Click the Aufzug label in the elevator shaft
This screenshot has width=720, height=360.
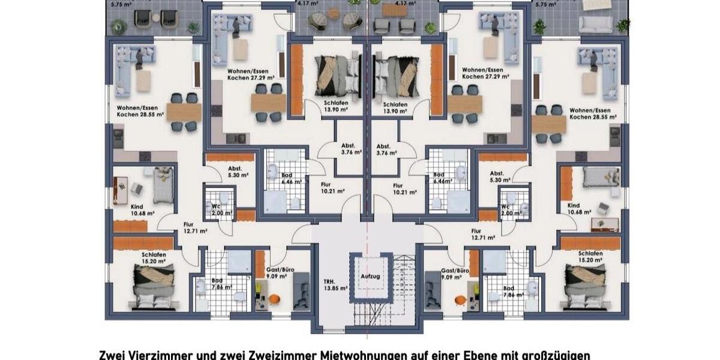370,276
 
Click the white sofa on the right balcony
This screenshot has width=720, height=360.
595,25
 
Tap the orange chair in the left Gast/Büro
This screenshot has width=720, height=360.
274,299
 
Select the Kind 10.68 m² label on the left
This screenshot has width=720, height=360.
143,209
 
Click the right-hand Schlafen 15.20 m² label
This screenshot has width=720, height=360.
590,257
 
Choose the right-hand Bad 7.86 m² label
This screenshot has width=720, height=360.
508,292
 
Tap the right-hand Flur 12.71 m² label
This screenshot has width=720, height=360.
482,233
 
